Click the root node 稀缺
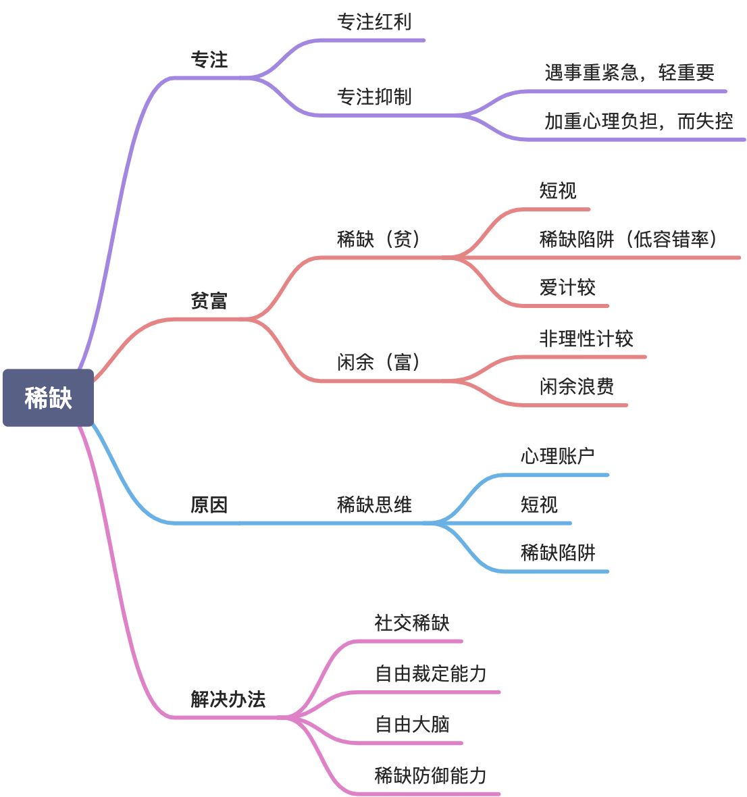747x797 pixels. pos(48,398)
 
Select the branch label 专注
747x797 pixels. pos(209,60)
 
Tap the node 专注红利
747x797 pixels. pos(374,22)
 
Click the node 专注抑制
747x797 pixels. pos(374,97)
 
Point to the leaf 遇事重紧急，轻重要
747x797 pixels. pos(629,73)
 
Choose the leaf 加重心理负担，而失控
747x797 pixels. pos(638,122)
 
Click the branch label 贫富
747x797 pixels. pos(209,301)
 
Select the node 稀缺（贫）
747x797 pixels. pos(380,239)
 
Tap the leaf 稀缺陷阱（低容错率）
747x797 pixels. pos(629,239)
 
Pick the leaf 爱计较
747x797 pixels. pos(567,288)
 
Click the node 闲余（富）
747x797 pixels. pos(380,363)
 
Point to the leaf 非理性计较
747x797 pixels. pos(586,338)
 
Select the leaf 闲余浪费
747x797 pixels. pos(577,387)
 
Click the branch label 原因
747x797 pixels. pos(209,505)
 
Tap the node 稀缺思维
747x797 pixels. pos(374,505)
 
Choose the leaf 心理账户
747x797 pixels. pos(558,457)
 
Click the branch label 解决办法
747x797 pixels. pos(228,699)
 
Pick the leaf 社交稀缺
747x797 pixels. pos(412,623)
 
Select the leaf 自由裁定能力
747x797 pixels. pos(431,674)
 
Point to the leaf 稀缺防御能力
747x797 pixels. pos(431,775)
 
